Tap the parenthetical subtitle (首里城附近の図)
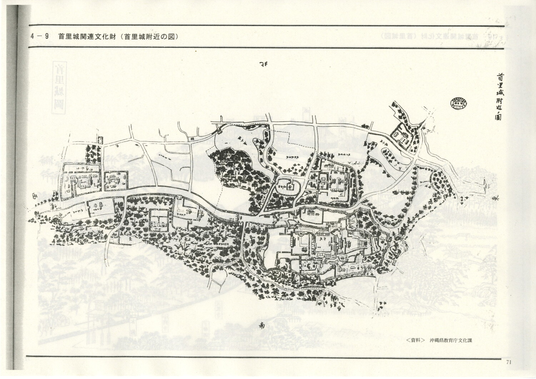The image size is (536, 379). [149, 37]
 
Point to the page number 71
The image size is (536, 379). [509, 362]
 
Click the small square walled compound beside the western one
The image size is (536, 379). [115, 180]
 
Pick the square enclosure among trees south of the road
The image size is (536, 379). [159, 220]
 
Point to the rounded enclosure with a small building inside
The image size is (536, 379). [289, 185]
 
